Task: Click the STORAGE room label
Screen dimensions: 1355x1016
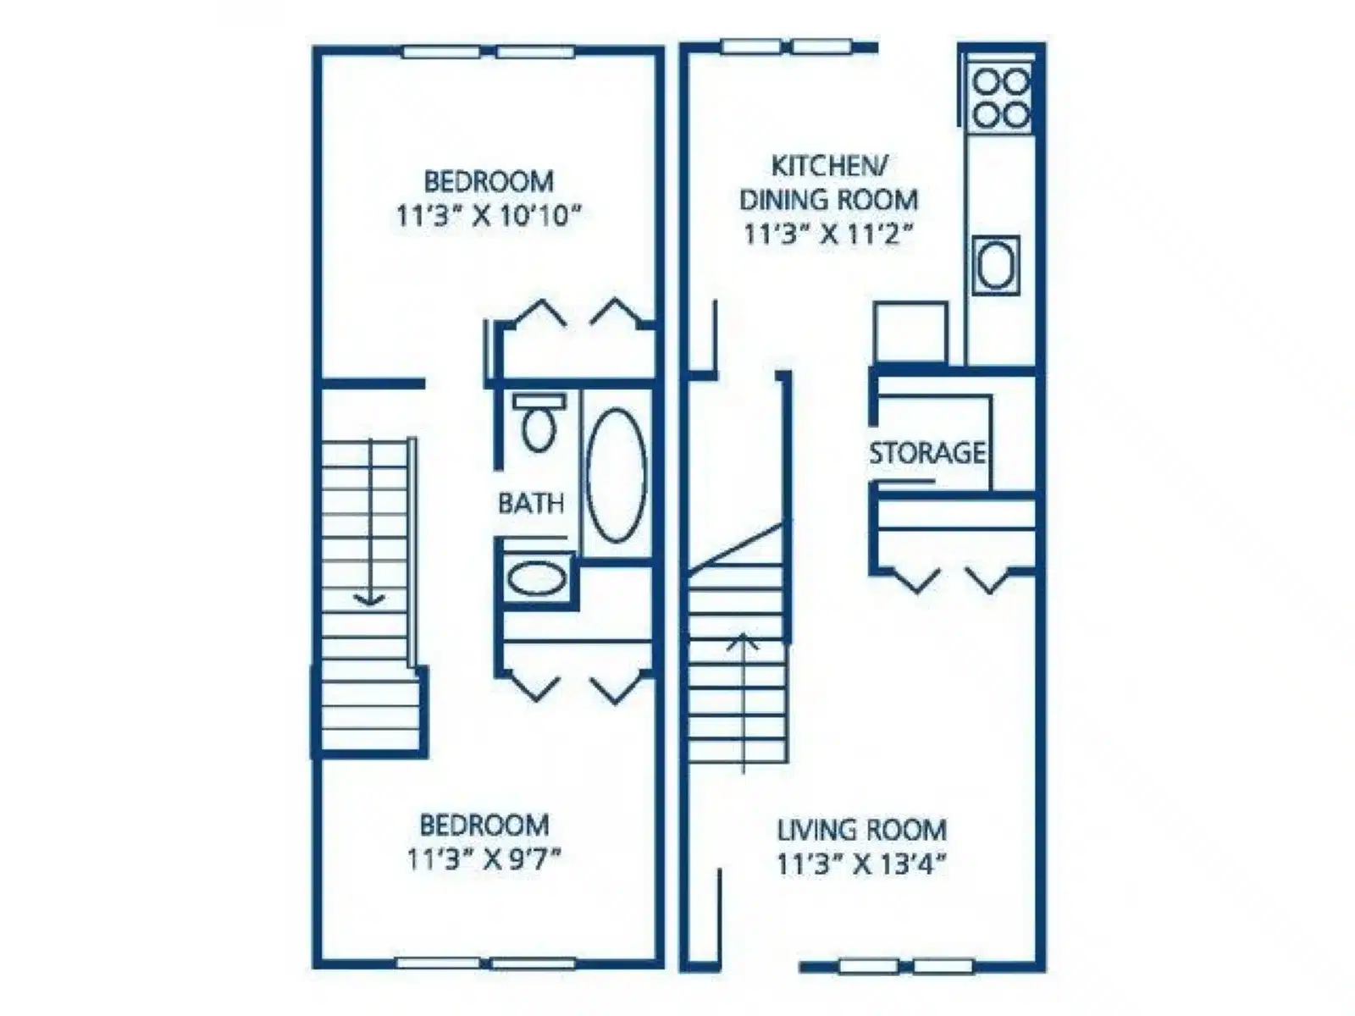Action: pos(926,454)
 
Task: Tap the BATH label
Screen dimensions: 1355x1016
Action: pos(531,504)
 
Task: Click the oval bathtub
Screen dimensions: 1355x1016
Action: pos(617,476)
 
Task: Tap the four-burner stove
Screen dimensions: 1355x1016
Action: pos(1000,97)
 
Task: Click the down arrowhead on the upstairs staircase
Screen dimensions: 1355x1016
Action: pos(369,599)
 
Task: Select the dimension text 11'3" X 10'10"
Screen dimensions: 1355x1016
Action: pos(489,217)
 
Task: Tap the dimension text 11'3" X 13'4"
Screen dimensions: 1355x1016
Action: pos(862,864)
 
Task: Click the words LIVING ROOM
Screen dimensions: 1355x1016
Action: pos(862,831)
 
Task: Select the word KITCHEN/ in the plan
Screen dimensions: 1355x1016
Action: pos(830,166)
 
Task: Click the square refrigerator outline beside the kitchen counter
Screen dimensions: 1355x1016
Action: pos(910,333)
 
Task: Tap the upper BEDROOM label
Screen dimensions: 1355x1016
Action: pos(489,181)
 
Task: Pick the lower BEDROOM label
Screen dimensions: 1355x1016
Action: pos(484,825)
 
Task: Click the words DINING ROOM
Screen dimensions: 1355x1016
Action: pos(829,200)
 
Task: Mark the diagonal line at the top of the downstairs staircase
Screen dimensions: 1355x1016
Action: pos(736,547)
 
